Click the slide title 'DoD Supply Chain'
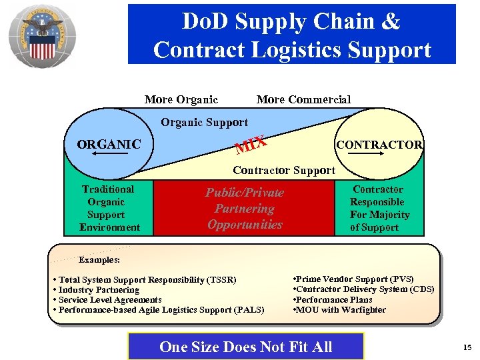(291, 21)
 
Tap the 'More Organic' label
(181, 99)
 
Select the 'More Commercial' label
(303, 99)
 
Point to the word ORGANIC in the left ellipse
(109, 144)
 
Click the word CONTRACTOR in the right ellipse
(379, 145)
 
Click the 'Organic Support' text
(204, 122)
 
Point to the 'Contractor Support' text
(283, 170)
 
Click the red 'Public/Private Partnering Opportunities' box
(244, 209)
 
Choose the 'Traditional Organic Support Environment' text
(109, 208)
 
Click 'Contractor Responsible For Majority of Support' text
(379, 208)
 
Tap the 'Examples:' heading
(99, 259)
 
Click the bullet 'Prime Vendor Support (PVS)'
(353, 279)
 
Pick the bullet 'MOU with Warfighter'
(339, 309)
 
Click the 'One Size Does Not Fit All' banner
(245, 347)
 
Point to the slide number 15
(467, 347)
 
